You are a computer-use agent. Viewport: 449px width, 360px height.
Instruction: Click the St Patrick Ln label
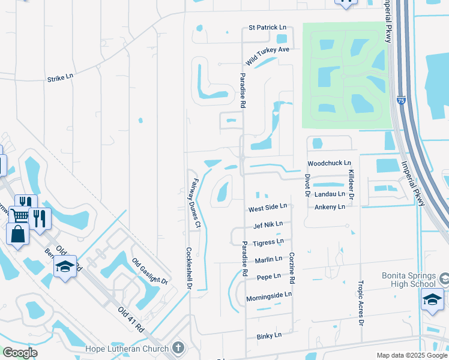click(268, 28)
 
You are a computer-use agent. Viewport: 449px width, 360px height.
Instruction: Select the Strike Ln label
click(60, 77)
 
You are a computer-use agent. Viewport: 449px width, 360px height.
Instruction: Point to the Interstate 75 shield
click(401, 102)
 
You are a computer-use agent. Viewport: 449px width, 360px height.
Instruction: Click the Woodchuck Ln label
click(329, 163)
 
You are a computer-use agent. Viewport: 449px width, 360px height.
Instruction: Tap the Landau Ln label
click(330, 194)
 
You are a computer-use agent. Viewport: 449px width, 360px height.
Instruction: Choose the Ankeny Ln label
click(330, 206)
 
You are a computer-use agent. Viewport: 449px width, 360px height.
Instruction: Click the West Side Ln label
click(268, 208)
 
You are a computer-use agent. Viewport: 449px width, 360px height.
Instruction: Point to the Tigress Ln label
click(268, 242)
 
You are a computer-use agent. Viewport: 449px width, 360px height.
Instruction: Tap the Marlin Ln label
click(268, 259)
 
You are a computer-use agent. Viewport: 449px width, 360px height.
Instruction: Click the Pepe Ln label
click(268, 277)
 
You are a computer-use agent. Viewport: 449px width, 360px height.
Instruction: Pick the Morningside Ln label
click(268, 295)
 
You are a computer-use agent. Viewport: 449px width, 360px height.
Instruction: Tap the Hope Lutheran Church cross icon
click(178, 347)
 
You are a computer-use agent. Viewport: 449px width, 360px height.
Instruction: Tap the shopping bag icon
click(17, 233)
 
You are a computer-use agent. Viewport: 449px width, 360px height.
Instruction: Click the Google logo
click(20, 353)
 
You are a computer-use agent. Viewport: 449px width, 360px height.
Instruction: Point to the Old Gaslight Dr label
click(149, 271)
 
